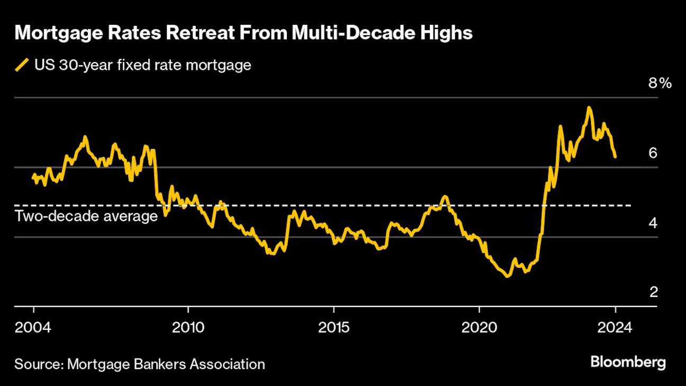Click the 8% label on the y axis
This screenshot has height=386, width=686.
pyautogui.click(x=660, y=83)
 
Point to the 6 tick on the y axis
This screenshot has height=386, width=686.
pyautogui.click(x=653, y=153)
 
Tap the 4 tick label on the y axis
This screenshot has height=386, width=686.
pyautogui.click(x=653, y=223)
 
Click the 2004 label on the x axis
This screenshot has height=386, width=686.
pyautogui.click(x=34, y=327)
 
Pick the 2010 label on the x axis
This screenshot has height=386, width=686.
pyautogui.click(x=188, y=327)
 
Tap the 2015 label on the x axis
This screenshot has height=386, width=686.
pyautogui.click(x=334, y=327)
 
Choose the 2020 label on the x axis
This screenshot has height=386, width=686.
pyautogui.click(x=479, y=327)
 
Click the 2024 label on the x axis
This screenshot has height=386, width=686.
pyautogui.click(x=616, y=327)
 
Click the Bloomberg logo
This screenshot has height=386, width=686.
pyautogui.click(x=628, y=363)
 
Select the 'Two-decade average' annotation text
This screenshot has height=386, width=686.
pyautogui.click(x=86, y=216)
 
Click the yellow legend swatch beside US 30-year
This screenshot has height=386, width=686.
pyautogui.click(x=22, y=65)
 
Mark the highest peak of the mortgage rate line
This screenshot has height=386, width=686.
pyautogui.click(x=589, y=107)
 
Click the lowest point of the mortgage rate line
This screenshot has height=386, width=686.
pyautogui.click(x=508, y=276)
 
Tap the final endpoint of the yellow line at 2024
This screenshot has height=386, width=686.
pyautogui.click(x=615, y=157)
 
